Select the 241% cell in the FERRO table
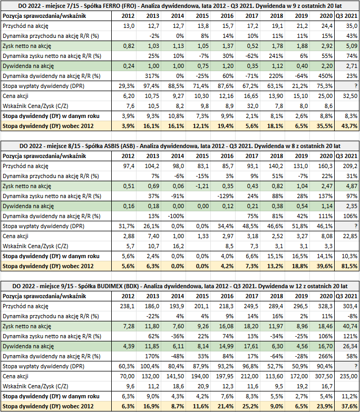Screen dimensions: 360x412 276,56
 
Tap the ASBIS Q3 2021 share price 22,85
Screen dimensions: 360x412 351,236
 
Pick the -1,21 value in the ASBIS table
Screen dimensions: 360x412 202,187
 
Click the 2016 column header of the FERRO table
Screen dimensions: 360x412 227,16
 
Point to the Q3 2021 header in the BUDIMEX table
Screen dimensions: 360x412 347,297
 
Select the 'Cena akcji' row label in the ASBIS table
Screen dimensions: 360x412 15,236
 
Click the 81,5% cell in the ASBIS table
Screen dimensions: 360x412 349,266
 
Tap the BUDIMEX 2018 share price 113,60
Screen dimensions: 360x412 275,377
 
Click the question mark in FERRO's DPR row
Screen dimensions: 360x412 356,86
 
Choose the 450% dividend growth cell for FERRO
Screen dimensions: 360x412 326,76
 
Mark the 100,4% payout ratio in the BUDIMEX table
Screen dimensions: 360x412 150,367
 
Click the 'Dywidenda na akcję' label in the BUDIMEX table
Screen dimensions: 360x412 28,347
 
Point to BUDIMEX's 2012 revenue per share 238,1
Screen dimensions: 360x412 127,307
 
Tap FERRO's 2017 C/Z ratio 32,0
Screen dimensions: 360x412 252,106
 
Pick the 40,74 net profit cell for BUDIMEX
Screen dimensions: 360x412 351,326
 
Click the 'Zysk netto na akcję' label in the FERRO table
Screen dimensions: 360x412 27,46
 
